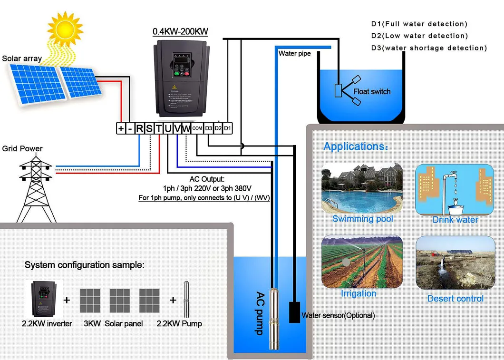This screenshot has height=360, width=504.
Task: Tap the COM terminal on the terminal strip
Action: tap(198, 128)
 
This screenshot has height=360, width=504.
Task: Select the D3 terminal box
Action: tap(208, 128)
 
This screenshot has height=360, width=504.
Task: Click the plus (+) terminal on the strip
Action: tap(121, 128)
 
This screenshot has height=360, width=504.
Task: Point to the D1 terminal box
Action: tap(227, 128)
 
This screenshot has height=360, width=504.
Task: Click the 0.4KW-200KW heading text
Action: tap(180, 32)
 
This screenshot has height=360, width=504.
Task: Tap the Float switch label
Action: tap(372, 91)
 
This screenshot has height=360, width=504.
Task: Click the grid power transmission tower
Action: tap(36, 188)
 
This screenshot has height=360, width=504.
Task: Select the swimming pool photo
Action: tap(362, 188)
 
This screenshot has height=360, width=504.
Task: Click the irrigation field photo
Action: tap(362, 262)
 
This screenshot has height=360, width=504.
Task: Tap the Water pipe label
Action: tap(294, 54)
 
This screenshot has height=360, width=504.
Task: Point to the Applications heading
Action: tap(355, 146)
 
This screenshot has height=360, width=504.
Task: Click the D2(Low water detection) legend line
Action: tap(419, 36)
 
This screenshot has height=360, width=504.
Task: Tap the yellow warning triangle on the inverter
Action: tap(174, 87)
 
